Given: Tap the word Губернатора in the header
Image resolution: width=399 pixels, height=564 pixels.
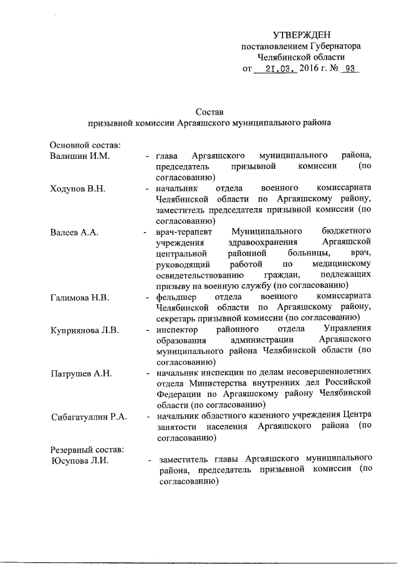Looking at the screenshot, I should point(331,46).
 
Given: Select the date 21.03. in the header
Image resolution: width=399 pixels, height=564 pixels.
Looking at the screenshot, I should point(279,70).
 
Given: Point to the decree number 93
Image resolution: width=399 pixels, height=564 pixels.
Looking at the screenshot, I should point(349,70).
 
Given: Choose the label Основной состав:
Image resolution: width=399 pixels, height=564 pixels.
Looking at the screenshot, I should point(85,145).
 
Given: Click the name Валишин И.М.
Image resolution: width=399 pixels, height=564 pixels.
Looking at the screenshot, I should point(80,155).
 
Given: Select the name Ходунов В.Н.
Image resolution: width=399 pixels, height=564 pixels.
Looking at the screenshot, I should point(78,188).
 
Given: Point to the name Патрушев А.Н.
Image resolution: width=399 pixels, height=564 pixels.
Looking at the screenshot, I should point(81,373).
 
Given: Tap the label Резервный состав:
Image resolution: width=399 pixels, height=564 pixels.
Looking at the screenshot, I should point(87,449).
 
